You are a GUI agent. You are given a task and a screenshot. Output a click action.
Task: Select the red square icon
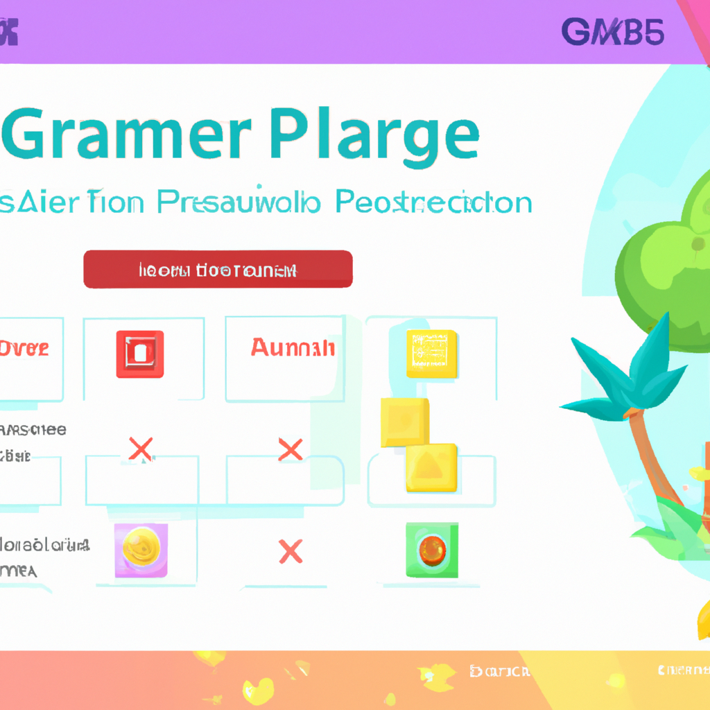click(140, 354)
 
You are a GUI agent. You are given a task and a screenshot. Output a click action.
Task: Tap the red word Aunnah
click(293, 347)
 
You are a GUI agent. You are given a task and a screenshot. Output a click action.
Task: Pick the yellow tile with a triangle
click(431, 467)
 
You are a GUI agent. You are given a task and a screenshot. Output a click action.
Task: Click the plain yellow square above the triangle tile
click(404, 422)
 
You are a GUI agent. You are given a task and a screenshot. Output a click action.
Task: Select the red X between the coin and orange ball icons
click(291, 552)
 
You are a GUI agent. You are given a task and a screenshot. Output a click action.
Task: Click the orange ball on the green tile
click(431, 551)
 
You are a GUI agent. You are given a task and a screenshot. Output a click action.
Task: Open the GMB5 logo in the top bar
click(612, 32)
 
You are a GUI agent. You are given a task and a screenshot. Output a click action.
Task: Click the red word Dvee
click(24, 348)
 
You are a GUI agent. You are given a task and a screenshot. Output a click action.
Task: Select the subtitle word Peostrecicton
click(433, 202)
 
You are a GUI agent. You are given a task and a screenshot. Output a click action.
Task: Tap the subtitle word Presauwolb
click(239, 202)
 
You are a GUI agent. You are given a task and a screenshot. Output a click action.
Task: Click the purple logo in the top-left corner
click(8, 33)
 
